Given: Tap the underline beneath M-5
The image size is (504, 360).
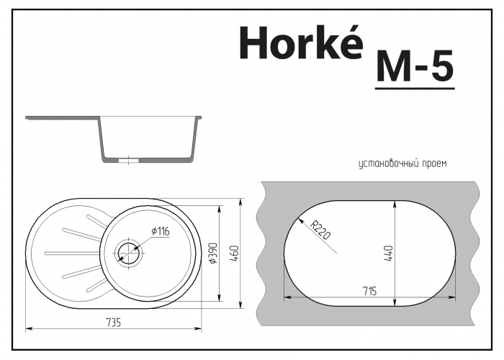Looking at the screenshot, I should pos(414,89).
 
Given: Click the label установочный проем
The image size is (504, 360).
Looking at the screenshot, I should pos(402,164).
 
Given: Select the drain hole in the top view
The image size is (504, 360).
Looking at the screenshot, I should pos(129,251).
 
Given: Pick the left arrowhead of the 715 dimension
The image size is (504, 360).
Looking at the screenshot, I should pos(288,295).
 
